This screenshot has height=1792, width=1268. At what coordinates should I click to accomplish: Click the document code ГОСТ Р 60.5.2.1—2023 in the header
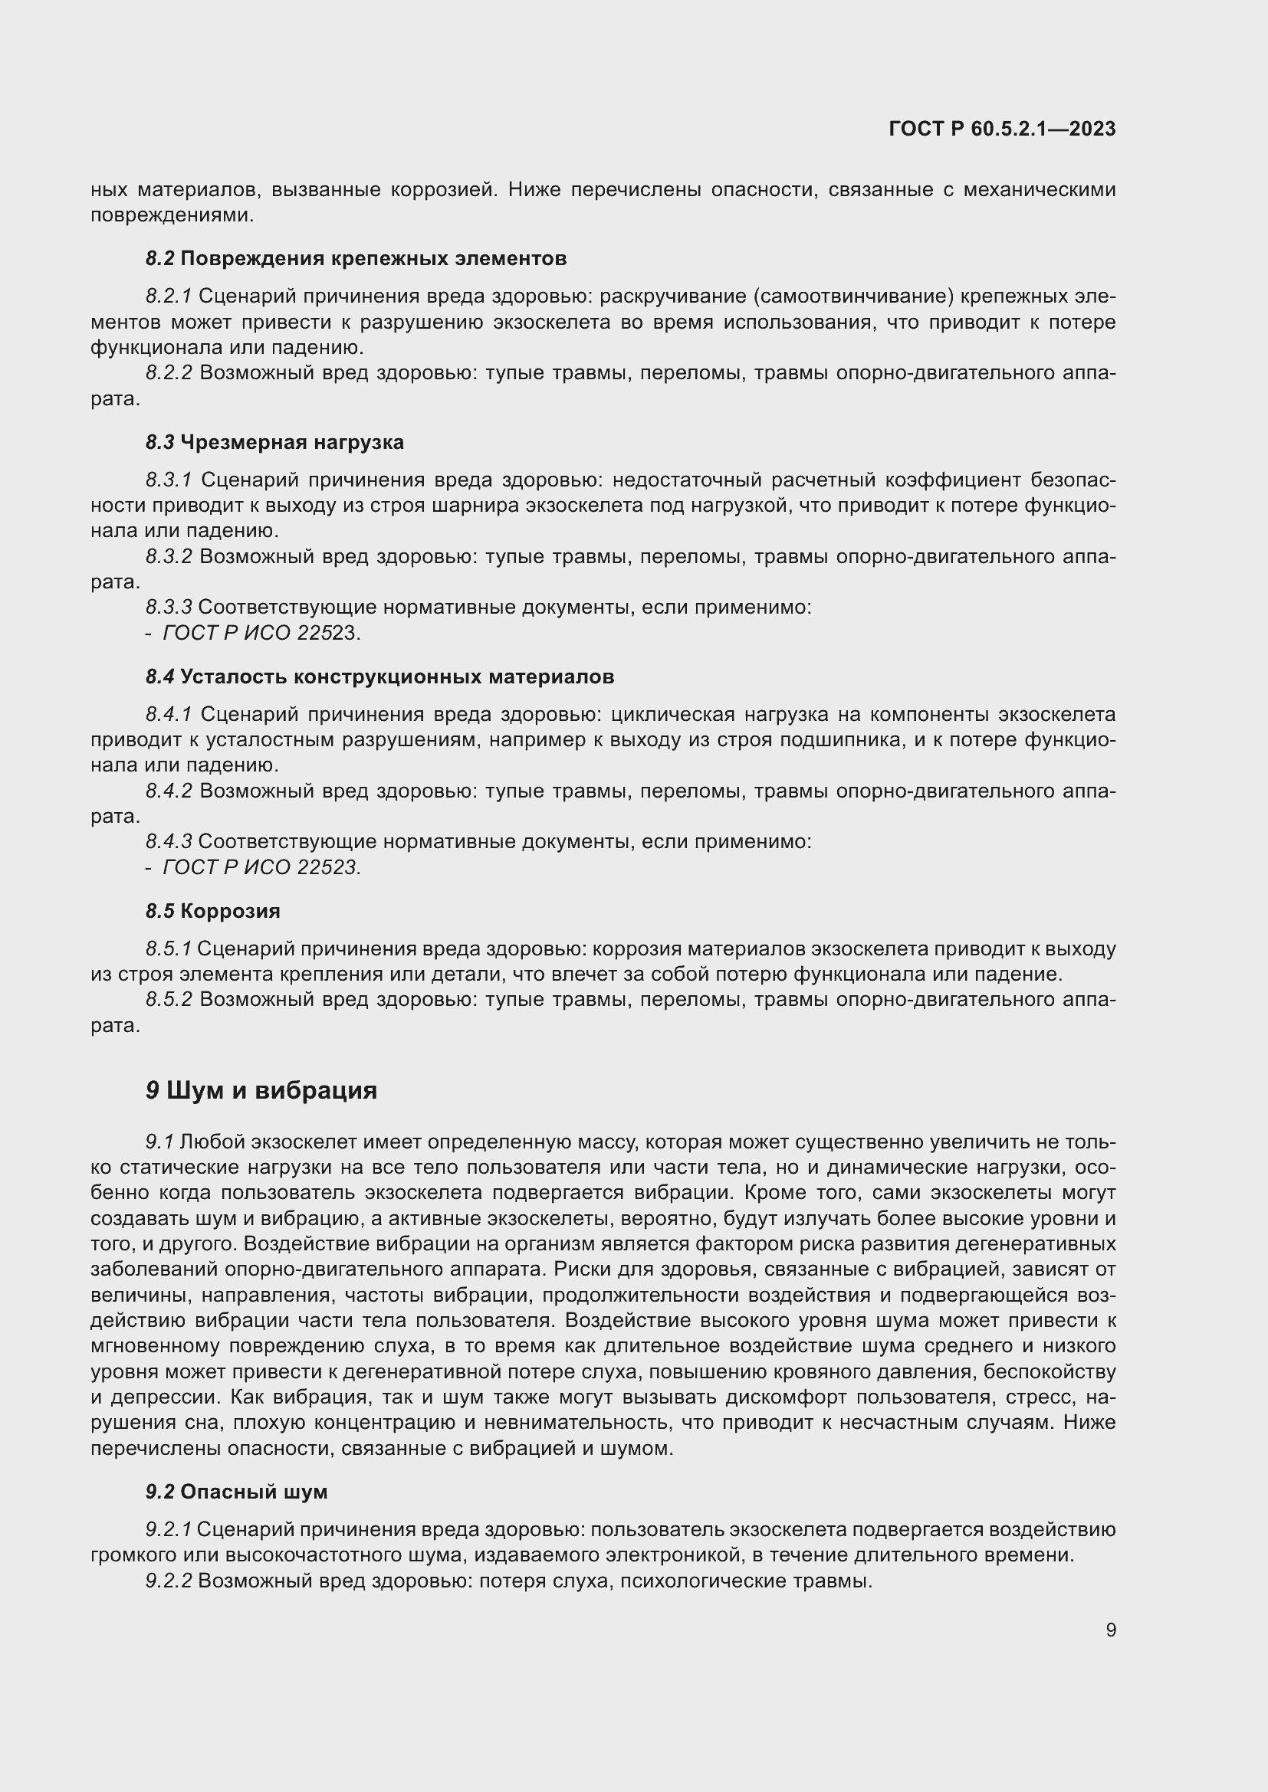pos(1002,129)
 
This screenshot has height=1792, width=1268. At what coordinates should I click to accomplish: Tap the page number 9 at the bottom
pos(1110,1630)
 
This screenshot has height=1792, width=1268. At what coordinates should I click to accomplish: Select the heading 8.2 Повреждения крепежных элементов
pos(356,258)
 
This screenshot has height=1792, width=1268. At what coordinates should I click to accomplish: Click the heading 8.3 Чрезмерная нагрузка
pos(275,443)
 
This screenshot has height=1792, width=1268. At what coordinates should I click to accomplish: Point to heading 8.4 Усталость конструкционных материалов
pos(379,677)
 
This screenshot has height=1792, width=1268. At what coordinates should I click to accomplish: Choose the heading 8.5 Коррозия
pos(213,911)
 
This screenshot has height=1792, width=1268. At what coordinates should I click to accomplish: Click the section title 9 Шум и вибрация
pos(261,1090)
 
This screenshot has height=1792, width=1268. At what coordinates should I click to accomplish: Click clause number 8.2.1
pos(169,296)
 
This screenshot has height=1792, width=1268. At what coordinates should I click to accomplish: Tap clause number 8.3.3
pos(169,608)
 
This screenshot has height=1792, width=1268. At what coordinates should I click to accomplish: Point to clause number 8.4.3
pos(169,841)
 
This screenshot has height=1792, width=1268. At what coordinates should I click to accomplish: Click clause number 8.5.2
pos(169,999)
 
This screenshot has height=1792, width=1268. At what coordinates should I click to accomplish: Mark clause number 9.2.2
pos(169,1581)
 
